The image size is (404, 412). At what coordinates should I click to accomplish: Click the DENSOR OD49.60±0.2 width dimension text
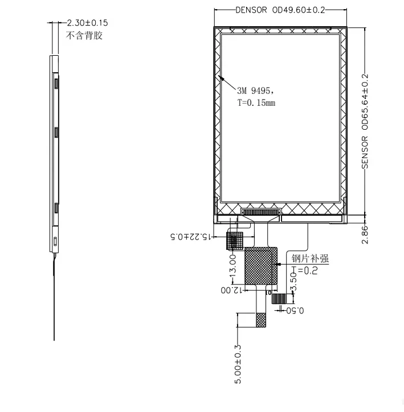pos(280,10)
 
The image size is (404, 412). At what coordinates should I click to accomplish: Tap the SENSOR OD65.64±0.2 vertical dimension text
pos(365,121)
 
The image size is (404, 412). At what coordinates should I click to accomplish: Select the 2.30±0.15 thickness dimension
pos(87,23)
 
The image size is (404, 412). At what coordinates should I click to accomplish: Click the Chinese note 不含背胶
pos(84,35)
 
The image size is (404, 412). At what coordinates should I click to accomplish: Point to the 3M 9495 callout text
pos(255,91)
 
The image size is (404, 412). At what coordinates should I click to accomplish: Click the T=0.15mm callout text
pos(256,102)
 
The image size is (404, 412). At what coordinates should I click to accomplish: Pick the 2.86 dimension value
pos(365,234)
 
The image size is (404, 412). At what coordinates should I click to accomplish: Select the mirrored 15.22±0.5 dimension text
pos(191,237)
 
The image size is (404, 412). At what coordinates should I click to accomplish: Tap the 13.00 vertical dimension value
pos(233,266)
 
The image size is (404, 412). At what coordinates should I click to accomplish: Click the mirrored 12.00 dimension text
pos(231,290)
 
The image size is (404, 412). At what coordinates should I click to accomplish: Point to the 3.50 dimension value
pos(293,282)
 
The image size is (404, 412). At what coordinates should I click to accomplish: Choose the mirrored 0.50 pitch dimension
pos(295,311)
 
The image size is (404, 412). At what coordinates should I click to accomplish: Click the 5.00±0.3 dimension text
pos(238,364)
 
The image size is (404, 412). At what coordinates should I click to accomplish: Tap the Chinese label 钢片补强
pos(310,258)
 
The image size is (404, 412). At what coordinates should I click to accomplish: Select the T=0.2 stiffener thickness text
pos(305,270)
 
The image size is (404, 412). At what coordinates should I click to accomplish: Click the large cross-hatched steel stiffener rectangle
pos(261,266)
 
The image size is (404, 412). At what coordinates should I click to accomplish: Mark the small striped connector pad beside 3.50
pos(279,299)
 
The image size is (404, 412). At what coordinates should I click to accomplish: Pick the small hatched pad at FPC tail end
pos(260,320)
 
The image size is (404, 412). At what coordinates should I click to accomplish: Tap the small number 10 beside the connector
pos(268,292)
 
